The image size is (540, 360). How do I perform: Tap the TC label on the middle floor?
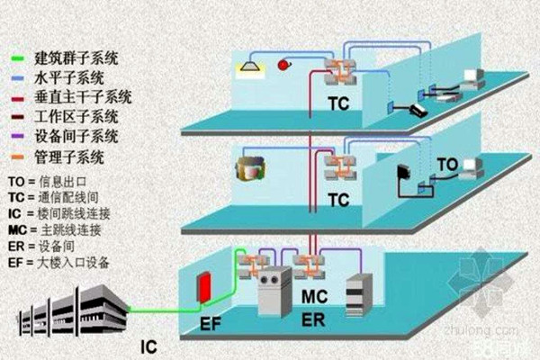point(338,201)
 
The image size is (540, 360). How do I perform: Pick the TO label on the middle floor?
point(447,166)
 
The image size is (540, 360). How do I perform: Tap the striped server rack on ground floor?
point(358,293)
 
